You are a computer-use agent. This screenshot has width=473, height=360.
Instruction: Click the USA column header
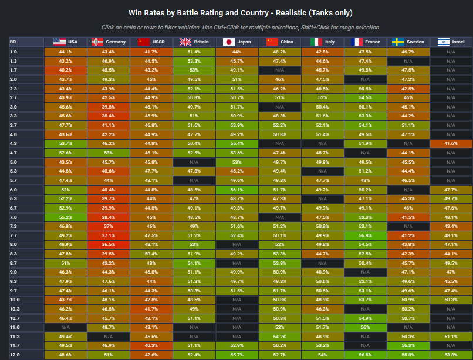pyautogui.click(x=65, y=42)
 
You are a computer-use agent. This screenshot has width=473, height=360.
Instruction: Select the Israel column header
pyautogui.click(x=451, y=42)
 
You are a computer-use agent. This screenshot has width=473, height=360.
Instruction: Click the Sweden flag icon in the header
pyautogui.click(x=398, y=42)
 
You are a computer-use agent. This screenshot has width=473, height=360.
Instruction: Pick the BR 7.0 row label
pyautogui.click(x=13, y=217)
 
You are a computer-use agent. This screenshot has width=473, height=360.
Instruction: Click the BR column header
pyautogui.click(x=13, y=42)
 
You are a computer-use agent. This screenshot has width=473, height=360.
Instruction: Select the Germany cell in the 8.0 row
pyautogui.click(x=108, y=244)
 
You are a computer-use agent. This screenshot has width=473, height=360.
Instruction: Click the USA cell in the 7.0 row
pyautogui.click(x=65, y=217)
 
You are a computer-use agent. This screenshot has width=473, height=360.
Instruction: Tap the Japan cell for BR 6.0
pyautogui.click(x=237, y=189)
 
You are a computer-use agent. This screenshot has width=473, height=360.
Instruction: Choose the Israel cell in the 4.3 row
pyautogui.click(x=451, y=143)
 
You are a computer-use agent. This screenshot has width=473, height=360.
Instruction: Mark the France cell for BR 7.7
pyautogui.click(x=365, y=235)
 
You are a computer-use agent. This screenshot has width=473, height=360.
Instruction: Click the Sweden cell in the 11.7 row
pyautogui.click(x=408, y=346)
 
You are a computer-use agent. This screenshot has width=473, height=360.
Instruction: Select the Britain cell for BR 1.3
pyautogui.click(x=194, y=61)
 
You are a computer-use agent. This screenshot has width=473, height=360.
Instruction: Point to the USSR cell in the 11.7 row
pyautogui.click(x=151, y=346)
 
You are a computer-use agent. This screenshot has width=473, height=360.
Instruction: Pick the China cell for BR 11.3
pyautogui.click(x=279, y=337)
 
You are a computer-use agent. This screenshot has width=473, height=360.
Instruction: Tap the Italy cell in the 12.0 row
pyautogui.click(x=322, y=355)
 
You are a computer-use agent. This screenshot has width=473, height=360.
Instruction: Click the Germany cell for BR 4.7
pyautogui.click(x=108, y=153)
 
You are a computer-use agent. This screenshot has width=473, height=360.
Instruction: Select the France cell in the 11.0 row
pyautogui.click(x=365, y=327)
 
